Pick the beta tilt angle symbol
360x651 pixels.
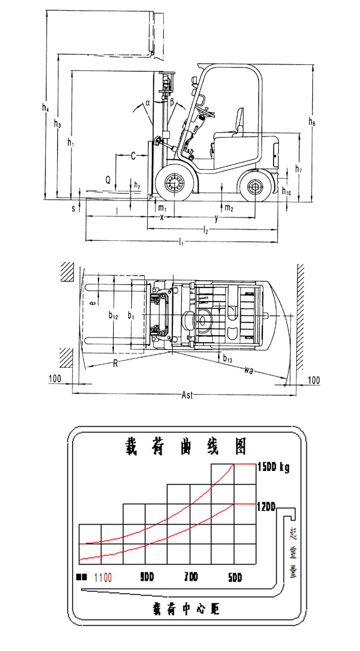point(172,103)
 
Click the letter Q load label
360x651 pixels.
point(107,179)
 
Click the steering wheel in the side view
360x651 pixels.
point(206,110)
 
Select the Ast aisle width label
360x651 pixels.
point(187,396)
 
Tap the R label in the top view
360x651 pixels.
point(114,363)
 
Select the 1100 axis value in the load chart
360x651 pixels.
point(103,578)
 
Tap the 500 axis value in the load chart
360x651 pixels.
point(235,578)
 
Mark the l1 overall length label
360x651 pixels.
point(181,243)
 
